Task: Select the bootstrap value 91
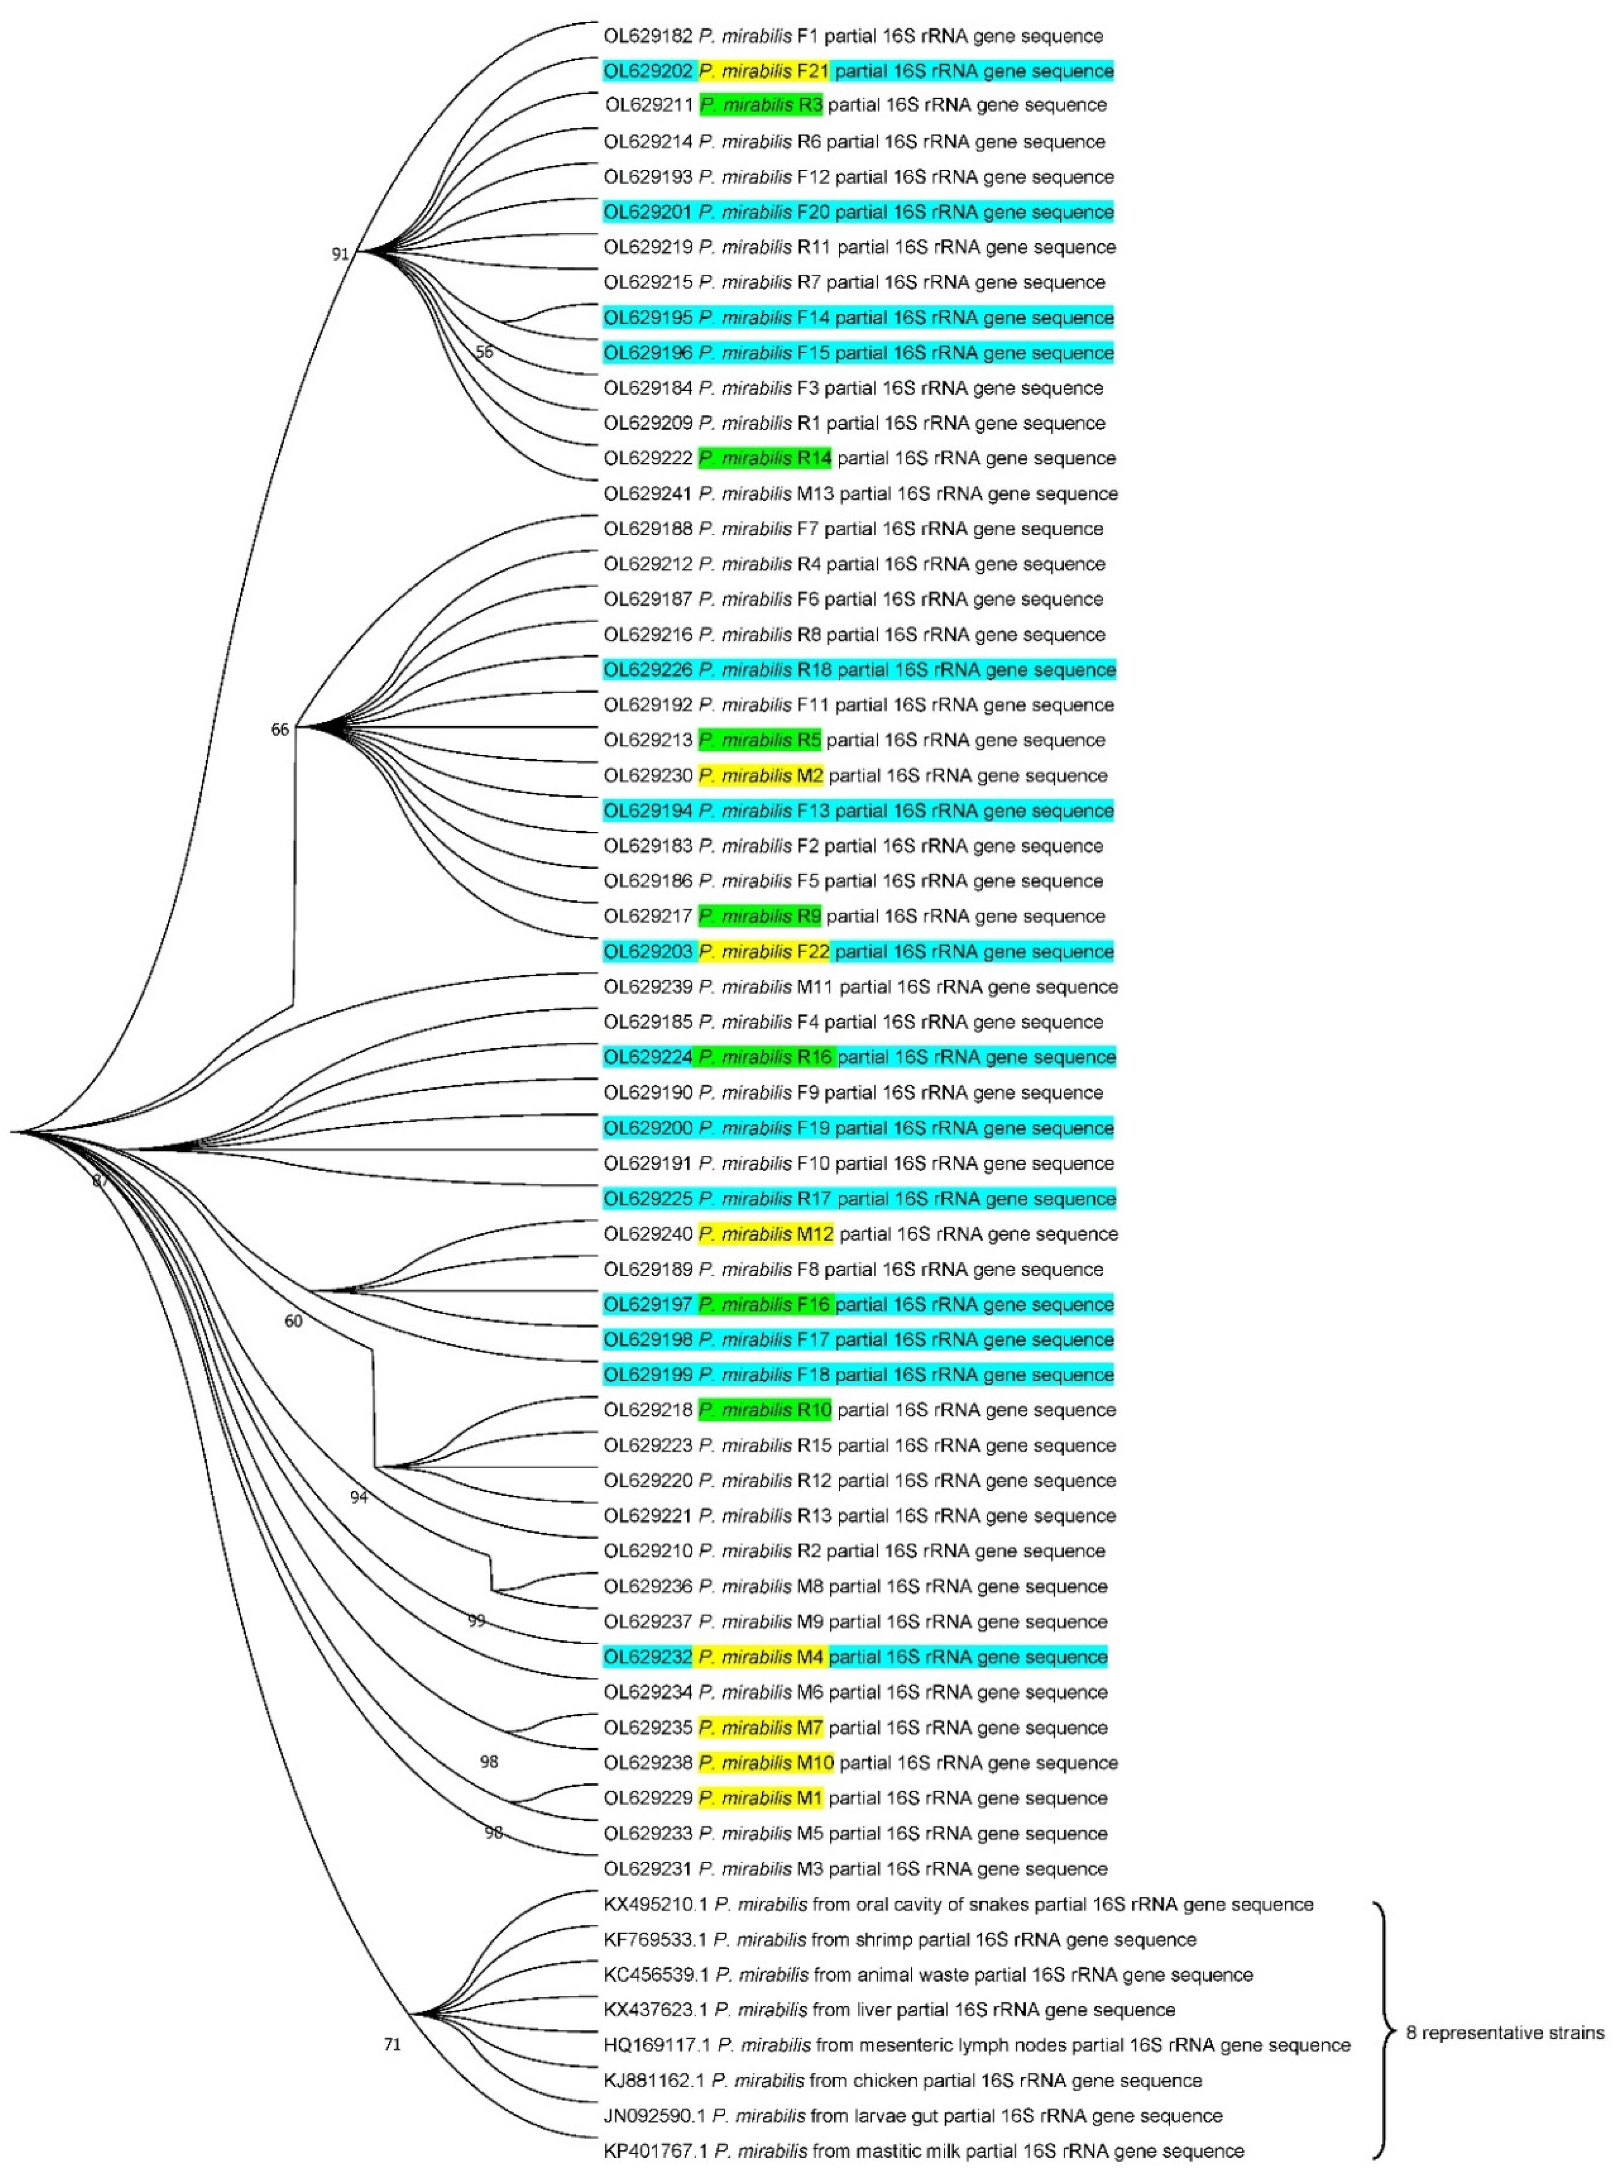click(x=340, y=253)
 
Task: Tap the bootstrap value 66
click(x=280, y=729)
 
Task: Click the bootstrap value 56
click(x=484, y=352)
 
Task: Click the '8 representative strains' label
click(x=1504, y=2032)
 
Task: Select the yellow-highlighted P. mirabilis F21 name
click(x=763, y=71)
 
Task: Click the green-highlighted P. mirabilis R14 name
click(x=764, y=458)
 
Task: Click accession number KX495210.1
click(x=655, y=1905)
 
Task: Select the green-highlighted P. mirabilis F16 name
click(x=763, y=1304)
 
